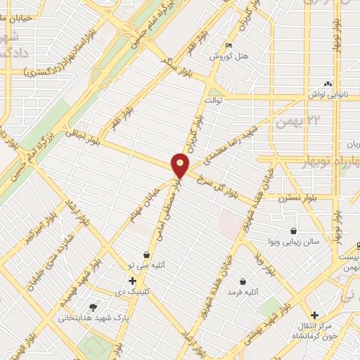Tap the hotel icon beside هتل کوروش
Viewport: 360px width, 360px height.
coord(228,46)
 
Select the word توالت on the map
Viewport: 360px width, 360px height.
coord(213,101)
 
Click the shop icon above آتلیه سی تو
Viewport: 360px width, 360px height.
coord(146,254)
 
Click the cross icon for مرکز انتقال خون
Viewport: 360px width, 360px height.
coord(314,315)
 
